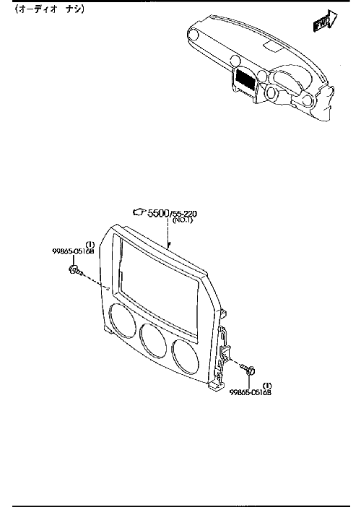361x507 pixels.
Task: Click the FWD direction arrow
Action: pyautogui.click(x=325, y=22)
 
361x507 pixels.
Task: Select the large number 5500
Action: pyautogui.click(x=158, y=213)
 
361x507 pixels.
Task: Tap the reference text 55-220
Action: pyautogui.click(x=185, y=214)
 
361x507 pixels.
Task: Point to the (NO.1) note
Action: pyautogui.click(x=183, y=220)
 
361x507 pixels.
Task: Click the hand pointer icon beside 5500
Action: pyautogui.click(x=140, y=212)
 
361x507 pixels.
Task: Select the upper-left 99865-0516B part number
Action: pyautogui.click(x=73, y=251)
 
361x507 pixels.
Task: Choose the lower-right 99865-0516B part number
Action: pyautogui.click(x=251, y=393)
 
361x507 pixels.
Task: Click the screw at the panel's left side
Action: pyautogui.click(x=76, y=271)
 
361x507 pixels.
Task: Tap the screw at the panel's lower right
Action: pyautogui.click(x=248, y=368)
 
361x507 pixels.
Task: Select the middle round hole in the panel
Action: pyautogui.click(x=153, y=339)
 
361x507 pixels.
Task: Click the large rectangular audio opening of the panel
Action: pyautogui.click(x=158, y=278)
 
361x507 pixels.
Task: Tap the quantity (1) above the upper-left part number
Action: pyautogui.click(x=90, y=244)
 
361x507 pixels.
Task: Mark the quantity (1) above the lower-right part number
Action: pyautogui.click(x=268, y=386)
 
